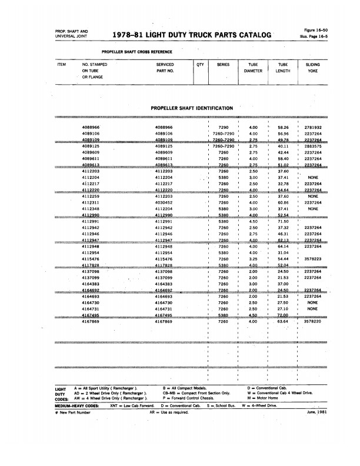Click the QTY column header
201,64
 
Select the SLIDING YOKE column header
312,68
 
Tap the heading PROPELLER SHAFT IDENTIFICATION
192,108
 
